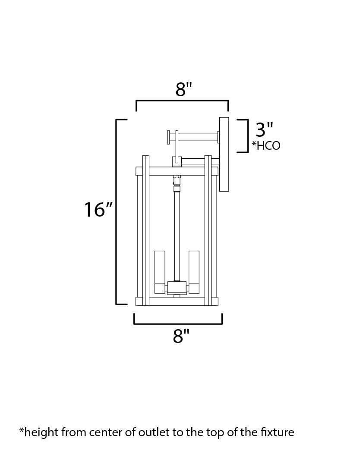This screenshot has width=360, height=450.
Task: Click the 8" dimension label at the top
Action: click(183, 89)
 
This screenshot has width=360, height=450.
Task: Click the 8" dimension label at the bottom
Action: click(181, 336)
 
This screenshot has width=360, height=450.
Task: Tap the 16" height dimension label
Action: click(98, 210)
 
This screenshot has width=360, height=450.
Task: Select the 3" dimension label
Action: click(264, 129)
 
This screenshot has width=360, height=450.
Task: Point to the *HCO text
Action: click(266, 146)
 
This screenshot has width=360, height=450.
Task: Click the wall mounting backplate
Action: click(224, 154)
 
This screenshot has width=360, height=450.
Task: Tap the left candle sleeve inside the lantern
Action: click(160, 271)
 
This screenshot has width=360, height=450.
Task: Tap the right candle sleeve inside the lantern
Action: click(194, 271)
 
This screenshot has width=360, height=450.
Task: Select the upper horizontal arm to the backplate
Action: click(198, 138)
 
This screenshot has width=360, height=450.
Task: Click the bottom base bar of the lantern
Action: click(177, 301)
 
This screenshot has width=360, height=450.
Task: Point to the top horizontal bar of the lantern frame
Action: click(177, 171)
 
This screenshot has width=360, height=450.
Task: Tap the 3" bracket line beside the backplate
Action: click(247, 136)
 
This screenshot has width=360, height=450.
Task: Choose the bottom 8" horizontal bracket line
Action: click(178, 323)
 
